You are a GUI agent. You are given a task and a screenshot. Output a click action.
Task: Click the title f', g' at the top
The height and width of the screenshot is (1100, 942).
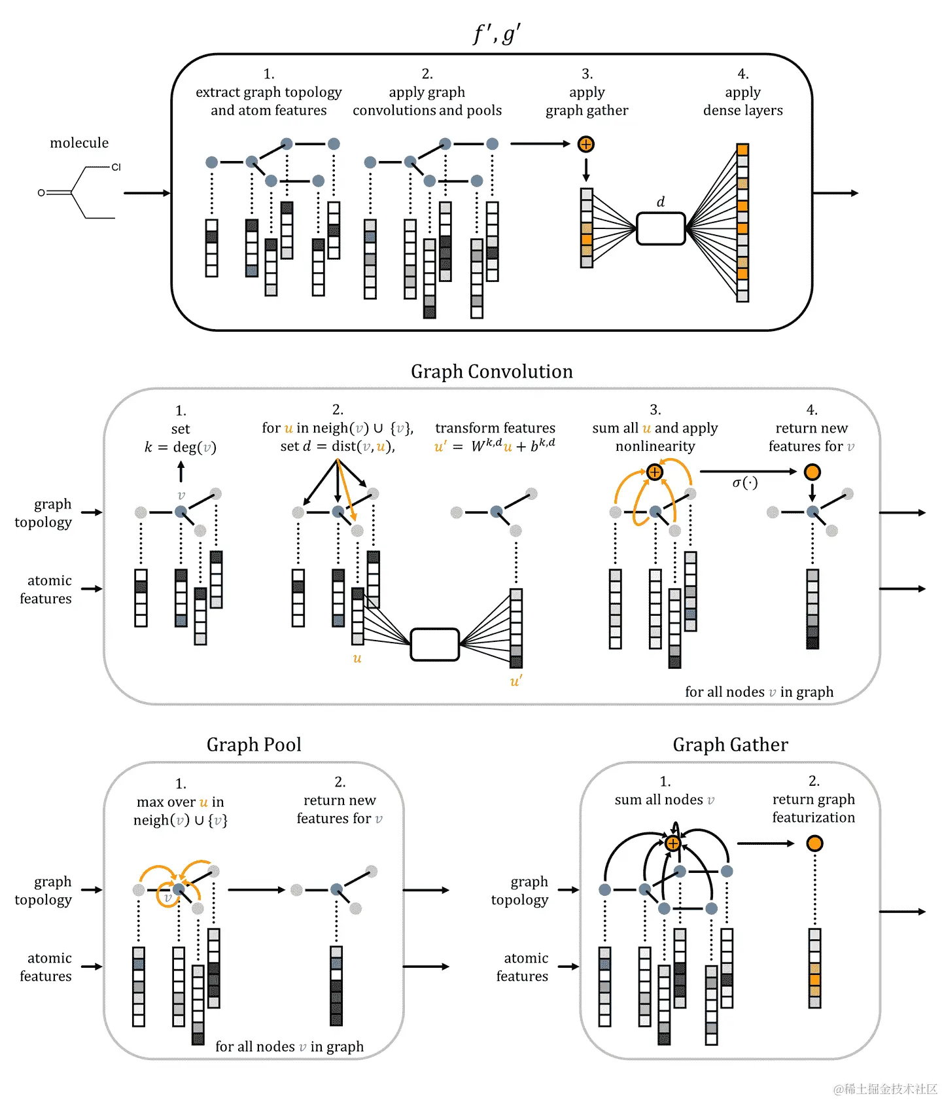tap(497, 34)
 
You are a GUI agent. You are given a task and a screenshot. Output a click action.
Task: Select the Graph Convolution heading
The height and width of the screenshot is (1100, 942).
tap(491, 372)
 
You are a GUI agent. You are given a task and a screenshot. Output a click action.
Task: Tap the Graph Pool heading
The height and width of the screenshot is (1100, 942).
tap(254, 745)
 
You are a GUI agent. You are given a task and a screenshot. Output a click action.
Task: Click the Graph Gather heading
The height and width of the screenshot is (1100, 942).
tap(730, 745)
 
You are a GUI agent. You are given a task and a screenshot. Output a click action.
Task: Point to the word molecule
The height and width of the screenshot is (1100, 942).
tap(79, 143)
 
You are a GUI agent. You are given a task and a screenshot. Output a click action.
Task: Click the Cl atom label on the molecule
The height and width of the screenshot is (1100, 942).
tap(116, 168)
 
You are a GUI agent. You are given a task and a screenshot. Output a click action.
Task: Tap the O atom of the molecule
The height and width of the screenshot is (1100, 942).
tap(41, 193)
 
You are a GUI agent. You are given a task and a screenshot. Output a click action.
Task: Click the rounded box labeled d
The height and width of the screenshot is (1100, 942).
tap(661, 228)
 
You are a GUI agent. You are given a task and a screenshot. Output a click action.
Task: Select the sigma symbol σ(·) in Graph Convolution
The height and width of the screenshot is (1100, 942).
tap(744, 483)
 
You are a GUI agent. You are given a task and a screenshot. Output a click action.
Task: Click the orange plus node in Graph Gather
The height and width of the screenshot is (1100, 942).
tap(672, 843)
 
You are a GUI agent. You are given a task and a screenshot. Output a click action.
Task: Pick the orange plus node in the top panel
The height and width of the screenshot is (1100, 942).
tap(586, 145)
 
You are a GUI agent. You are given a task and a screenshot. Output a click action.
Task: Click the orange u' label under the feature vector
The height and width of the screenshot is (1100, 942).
tap(515, 681)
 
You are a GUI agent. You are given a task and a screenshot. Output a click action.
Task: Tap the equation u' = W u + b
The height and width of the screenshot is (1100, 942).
tap(495, 446)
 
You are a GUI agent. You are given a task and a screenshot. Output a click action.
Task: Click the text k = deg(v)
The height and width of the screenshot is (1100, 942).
tap(181, 448)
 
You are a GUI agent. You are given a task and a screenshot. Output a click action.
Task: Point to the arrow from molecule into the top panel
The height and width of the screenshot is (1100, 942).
tap(147, 193)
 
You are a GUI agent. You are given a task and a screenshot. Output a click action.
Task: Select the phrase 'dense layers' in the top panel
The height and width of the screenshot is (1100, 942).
tap(742, 111)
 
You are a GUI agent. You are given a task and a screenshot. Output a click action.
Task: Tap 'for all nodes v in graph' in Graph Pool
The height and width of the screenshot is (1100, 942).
tap(289, 1046)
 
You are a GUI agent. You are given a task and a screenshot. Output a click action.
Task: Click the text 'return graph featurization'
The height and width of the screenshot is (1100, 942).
tap(813, 808)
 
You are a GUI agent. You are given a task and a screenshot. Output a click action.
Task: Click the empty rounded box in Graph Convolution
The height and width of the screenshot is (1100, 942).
tap(435, 645)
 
